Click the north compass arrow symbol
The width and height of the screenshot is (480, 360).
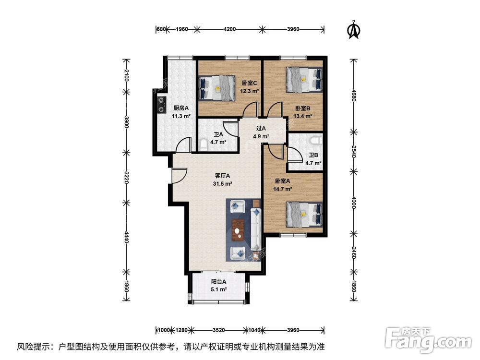click(x=354, y=30)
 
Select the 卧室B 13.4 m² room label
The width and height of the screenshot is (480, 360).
click(x=303, y=112)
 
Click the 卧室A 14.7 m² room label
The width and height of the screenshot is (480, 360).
click(x=284, y=185)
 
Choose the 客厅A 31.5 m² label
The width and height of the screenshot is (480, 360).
click(x=222, y=179)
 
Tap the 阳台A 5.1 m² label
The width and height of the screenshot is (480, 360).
click(x=218, y=286)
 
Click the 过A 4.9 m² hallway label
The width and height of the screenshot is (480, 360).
click(x=261, y=132)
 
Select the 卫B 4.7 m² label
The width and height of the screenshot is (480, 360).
click(x=313, y=159)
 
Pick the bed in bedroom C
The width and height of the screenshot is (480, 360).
click(x=216, y=88)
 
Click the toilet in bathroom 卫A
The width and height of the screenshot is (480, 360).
click(x=204, y=143)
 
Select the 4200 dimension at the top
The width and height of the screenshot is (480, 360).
click(x=229, y=29)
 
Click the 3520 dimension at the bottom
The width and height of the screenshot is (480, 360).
click(x=218, y=330)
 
